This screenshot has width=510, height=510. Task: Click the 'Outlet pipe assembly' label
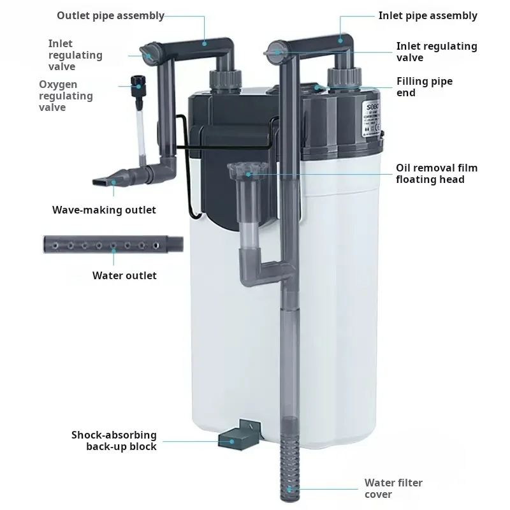click(110, 15)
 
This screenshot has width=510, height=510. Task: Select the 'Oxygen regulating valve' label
click(66, 96)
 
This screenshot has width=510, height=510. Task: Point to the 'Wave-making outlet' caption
click(104, 210)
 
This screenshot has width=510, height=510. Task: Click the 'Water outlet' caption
click(124, 275)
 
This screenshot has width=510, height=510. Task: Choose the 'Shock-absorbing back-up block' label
click(113, 441)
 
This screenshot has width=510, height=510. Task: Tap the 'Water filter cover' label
click(393, 488)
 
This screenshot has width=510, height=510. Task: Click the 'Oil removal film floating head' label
click(437, 173)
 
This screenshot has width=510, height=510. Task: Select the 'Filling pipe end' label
click(424, 87)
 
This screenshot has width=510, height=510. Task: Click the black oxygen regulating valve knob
click(136, 84)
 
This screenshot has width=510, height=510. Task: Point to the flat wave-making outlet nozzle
click(112, 180)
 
